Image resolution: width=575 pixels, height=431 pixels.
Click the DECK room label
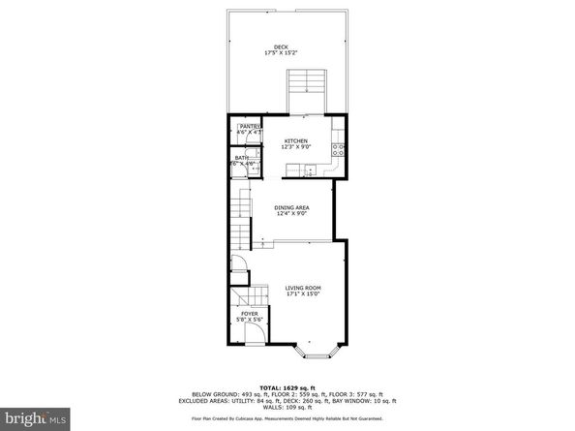tap(281, 47)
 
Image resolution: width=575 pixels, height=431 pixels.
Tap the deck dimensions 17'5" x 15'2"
tap(281, 53)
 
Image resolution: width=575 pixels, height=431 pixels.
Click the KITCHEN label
tap(295, 140)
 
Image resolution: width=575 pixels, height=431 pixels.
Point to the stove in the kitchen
tap(339, 149)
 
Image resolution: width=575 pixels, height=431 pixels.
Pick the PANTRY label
tap(250, 126)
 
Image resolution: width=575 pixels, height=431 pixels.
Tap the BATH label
tap(240, 158)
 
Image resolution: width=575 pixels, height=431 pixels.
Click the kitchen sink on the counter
tap(308, 170)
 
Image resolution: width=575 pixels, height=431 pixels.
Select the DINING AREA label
tap(291, 207)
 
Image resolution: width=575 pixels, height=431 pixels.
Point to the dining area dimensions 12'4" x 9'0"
tap(291, 214)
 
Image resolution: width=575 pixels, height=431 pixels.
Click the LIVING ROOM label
tap(302, 288)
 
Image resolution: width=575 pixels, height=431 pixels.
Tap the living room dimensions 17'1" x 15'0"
tap(302, 294)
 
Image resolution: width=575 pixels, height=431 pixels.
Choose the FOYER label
tap(249, 313)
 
